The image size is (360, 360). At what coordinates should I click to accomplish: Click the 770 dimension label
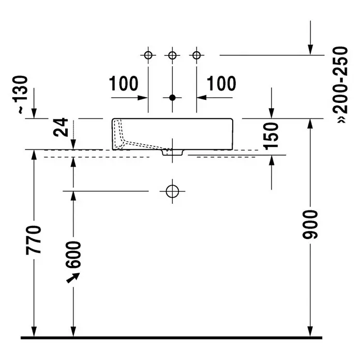pos(34,241)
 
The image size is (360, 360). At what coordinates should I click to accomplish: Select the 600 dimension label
pos(73,254)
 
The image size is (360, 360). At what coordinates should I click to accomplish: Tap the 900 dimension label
pos(310,224)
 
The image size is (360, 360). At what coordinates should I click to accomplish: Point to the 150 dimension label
pos(272,136)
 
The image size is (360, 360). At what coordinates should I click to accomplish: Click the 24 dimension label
pos(61,127)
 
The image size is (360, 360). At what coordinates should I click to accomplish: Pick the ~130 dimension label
pos(20,94)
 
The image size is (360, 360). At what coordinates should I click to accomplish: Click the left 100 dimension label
pos(124,83)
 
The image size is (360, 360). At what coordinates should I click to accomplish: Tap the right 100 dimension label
pos(221,83)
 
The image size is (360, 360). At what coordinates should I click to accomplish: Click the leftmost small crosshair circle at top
pos(148,55)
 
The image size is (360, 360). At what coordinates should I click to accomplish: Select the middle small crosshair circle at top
pos(172,55)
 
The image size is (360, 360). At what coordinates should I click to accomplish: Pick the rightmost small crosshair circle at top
pos(197,55)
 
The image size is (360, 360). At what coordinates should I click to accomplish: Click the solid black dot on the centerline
pos(172,98)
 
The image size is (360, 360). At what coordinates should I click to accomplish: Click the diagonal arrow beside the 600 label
pos(73,278)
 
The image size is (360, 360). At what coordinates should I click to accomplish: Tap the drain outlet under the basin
pos(172,153)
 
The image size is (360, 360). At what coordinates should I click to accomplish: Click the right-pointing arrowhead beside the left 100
pos(142,98)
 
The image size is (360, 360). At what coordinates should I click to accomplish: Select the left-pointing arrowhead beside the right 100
pos(202,98)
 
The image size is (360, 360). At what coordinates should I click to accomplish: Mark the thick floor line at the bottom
pos(172,338)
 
